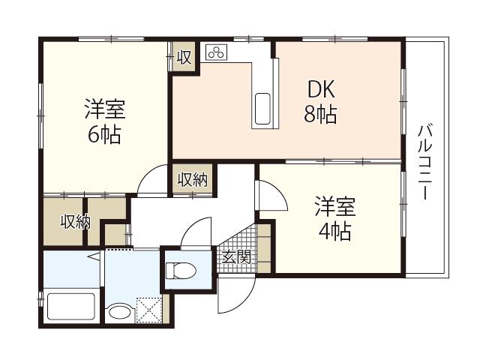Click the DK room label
pos(321,89)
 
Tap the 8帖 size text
pos(320,114)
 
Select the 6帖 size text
pos(105,135)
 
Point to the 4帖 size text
pos(335,231)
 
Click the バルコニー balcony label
pos(425,162)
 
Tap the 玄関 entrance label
pos(237,257)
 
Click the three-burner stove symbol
pos(217,52)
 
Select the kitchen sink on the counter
pos(262,109)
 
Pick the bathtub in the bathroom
pos(71,307)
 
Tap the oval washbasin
pos(120,313)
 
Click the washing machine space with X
pos(148,310)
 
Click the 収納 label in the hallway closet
pos(193,180)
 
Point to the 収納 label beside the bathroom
pos(75,222)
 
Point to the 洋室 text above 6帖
pos(105,109)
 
